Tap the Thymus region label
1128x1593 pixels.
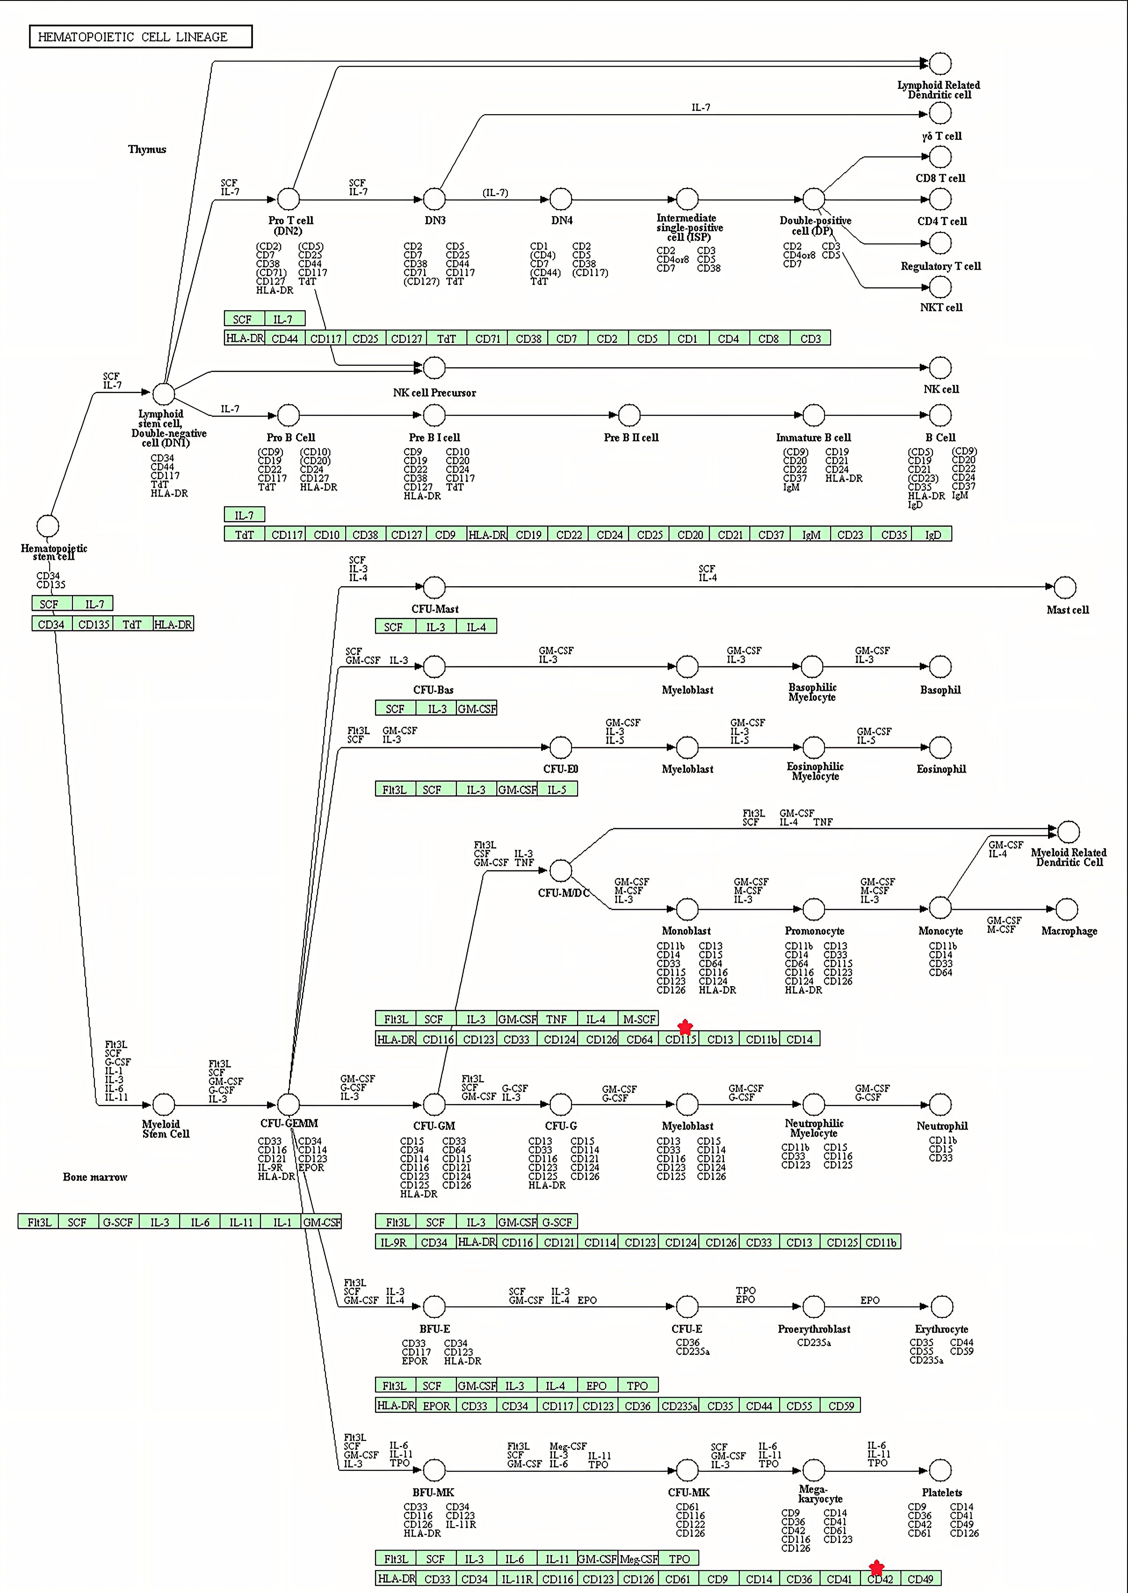[x=147, y=149]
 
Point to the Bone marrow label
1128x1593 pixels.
[x=95, y=1177]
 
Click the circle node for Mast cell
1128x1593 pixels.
[x=1065, y=587]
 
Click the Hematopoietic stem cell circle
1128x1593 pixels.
[x=47, y=526]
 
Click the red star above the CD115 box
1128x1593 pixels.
[x=685, y=1027]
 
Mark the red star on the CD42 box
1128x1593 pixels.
[x=877, y=1567]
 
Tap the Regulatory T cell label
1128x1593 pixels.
[x=940, y=266]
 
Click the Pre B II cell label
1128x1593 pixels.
[x=631, y=438]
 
